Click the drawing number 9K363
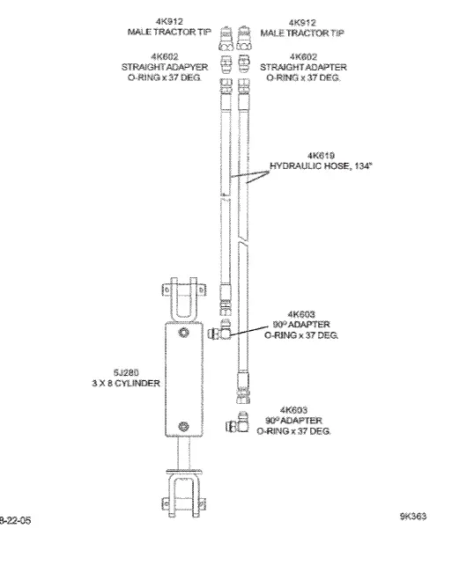[x=411, y=517]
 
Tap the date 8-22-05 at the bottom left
[x=15, y=520]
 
